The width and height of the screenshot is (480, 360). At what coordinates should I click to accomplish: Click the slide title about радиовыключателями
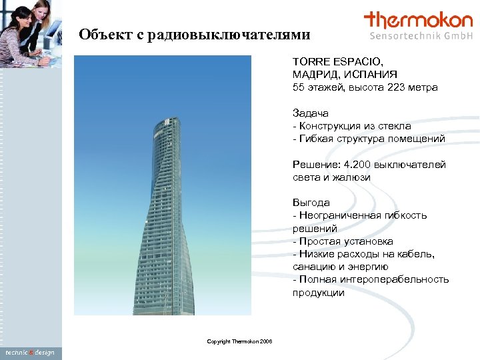click(194, 34)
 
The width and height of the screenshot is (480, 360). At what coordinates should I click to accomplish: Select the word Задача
click(311, 113)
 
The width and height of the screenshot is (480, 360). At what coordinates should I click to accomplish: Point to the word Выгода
click(311, 203)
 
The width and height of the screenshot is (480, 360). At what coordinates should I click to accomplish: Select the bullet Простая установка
click(346, 241)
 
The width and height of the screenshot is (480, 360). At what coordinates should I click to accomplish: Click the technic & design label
click(30, 352)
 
